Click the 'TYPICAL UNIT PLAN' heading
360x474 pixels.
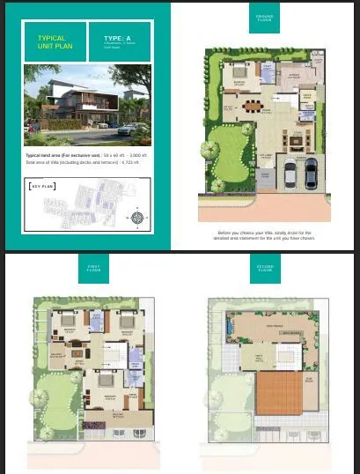point(52,43)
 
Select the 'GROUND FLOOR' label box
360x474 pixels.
point(264,19)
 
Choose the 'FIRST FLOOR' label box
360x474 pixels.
point(93,267)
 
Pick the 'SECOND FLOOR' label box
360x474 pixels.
point(264,267)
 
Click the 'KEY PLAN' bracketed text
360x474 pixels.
point(42,186)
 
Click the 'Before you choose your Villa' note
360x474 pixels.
point(264,235)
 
